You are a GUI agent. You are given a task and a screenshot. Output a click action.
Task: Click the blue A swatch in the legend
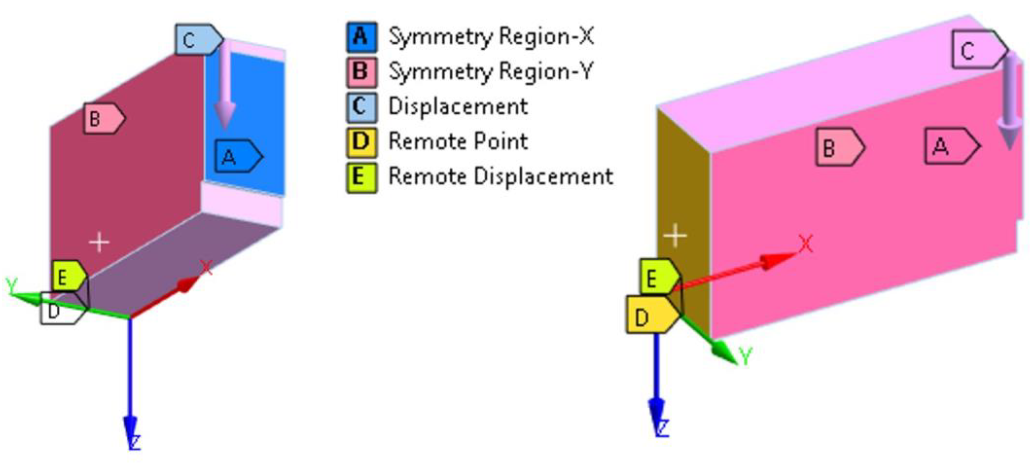362,37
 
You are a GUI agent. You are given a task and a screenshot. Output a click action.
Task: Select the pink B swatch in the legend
362,72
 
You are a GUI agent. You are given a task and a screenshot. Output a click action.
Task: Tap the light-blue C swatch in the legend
362,107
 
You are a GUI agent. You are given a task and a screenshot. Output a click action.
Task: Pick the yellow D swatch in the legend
362,142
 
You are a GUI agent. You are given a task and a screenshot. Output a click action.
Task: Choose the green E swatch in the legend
362,177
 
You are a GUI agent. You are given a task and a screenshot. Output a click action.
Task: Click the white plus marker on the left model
99,242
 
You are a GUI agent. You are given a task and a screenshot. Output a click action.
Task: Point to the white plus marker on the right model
675,235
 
